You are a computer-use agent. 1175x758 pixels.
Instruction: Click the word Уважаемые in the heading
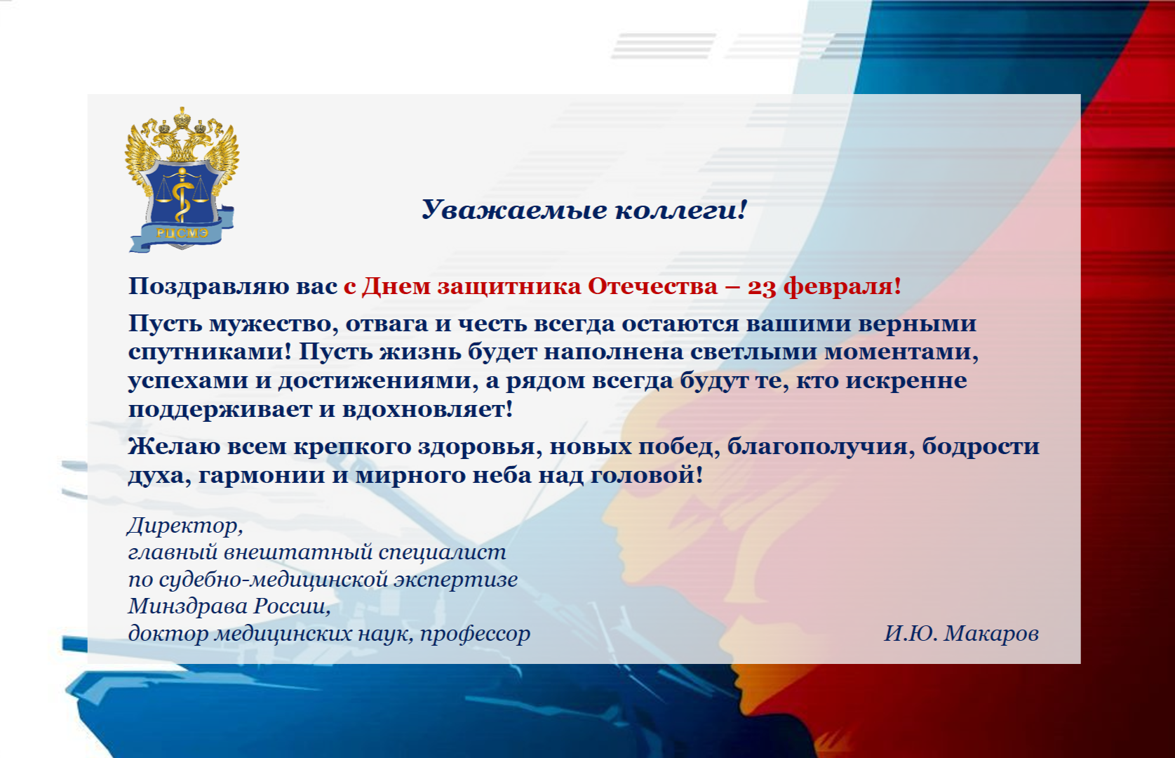pyautogui.click(x=514, y=210)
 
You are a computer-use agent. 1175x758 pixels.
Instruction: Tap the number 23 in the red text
pyautogui.click(x=762, y=286)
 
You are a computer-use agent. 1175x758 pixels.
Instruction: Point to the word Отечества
pyautogui.click(x=652, y=286)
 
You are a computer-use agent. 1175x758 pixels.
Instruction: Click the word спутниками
pyautogui.click(x=210, y=352)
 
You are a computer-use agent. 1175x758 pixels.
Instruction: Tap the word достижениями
pyautogui.click(x=377, y=380)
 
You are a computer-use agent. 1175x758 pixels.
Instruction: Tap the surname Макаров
pyautogui.click(x=991, y=634)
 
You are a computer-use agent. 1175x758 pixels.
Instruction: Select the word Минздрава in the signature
pyautogui.click(x=188, y=606)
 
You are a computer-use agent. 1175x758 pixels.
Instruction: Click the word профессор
pyautogui.click(x=475, y=634)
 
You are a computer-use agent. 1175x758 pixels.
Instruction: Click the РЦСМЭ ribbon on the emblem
pyautogui.click(x=182, y=232)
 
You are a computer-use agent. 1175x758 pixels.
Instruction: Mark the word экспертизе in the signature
pyautogui.click(x=456, y=580)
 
